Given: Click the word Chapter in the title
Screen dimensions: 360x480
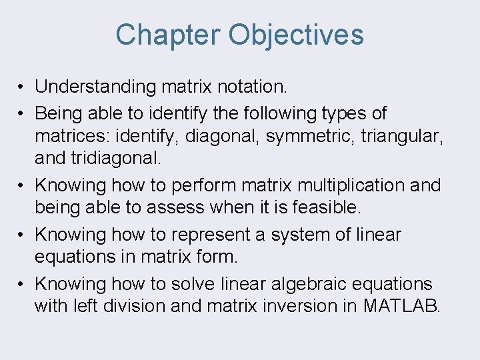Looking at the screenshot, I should pos(168,35).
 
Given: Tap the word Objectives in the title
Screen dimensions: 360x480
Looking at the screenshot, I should pos(296,35).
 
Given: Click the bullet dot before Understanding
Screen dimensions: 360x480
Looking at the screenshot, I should pos(22,87).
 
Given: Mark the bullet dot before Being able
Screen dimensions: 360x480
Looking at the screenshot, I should pos(22,114).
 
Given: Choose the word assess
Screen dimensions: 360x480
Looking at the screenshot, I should pos(177,208).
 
